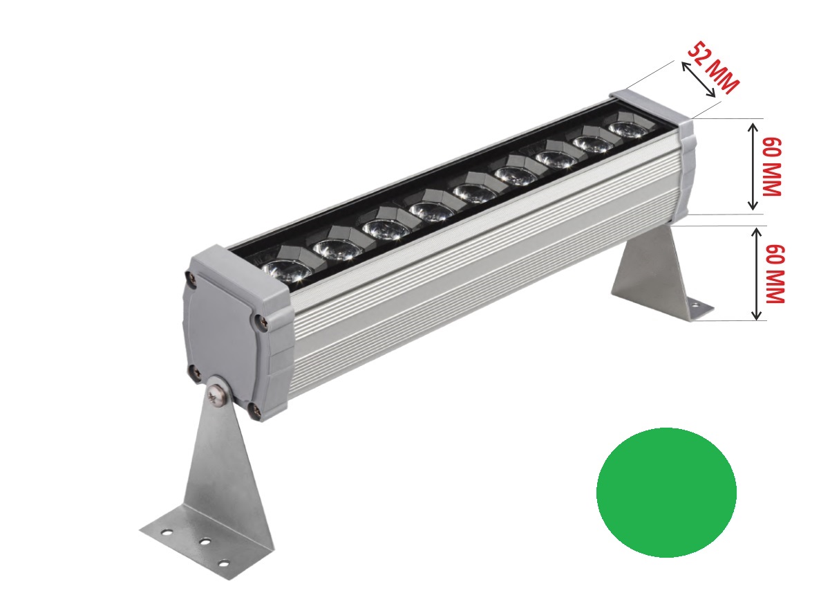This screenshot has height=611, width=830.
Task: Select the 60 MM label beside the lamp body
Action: pos(771,167)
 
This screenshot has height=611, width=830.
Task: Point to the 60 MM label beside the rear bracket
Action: pos(775,274)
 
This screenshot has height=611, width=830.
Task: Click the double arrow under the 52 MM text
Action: pos(699,80)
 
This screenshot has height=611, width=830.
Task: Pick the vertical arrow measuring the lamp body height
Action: pos(753,167)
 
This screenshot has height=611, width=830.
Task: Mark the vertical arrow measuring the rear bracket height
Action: pos(756,274)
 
